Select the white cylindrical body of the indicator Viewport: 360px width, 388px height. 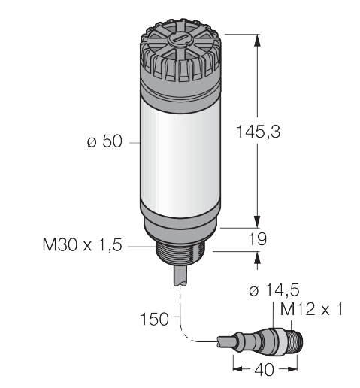[x=181, y=150]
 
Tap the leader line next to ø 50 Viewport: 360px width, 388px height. [x=132, y=141]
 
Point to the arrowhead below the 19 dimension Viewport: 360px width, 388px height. [x=259, y=257]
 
